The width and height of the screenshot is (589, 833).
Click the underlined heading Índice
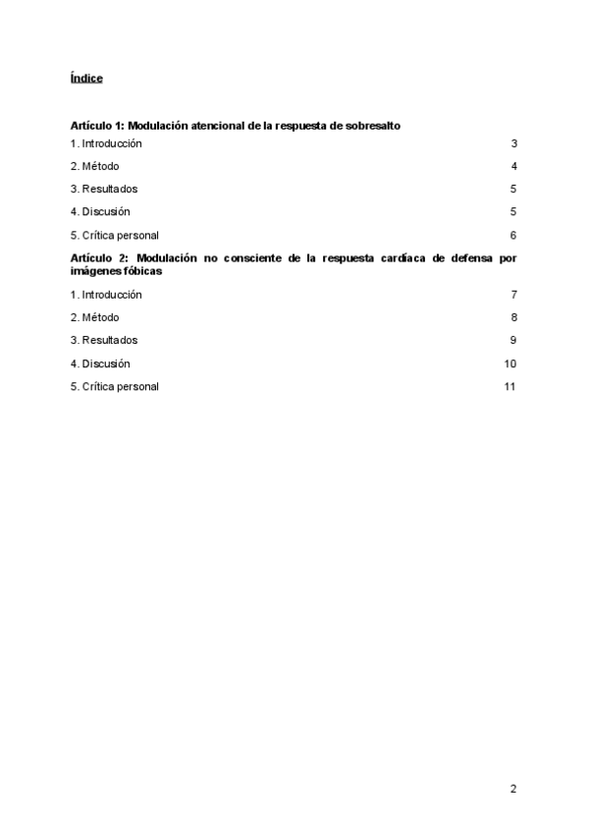pos(86,78)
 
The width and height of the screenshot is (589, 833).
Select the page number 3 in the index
pos(513,143)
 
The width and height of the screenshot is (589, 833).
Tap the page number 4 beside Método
pos(513,166)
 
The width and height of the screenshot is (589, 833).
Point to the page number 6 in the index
pos(513,235)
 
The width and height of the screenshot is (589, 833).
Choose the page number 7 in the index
pos(513,295)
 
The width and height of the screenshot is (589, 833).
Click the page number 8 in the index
pos(513,317)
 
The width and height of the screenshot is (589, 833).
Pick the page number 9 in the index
pos(513,340)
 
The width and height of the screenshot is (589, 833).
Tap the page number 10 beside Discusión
pos(510,363)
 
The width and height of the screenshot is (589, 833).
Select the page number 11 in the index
pos(510,386)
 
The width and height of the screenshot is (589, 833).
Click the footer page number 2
pos(513,789)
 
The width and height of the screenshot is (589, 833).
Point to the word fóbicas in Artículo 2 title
pos(141,271)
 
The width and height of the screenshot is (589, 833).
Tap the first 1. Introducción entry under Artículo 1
pos(106,143)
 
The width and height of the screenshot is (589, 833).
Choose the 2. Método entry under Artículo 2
pos(94,317)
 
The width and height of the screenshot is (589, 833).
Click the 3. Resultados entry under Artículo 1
pos(104,189)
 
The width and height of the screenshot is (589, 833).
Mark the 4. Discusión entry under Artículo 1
pos(100,211)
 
